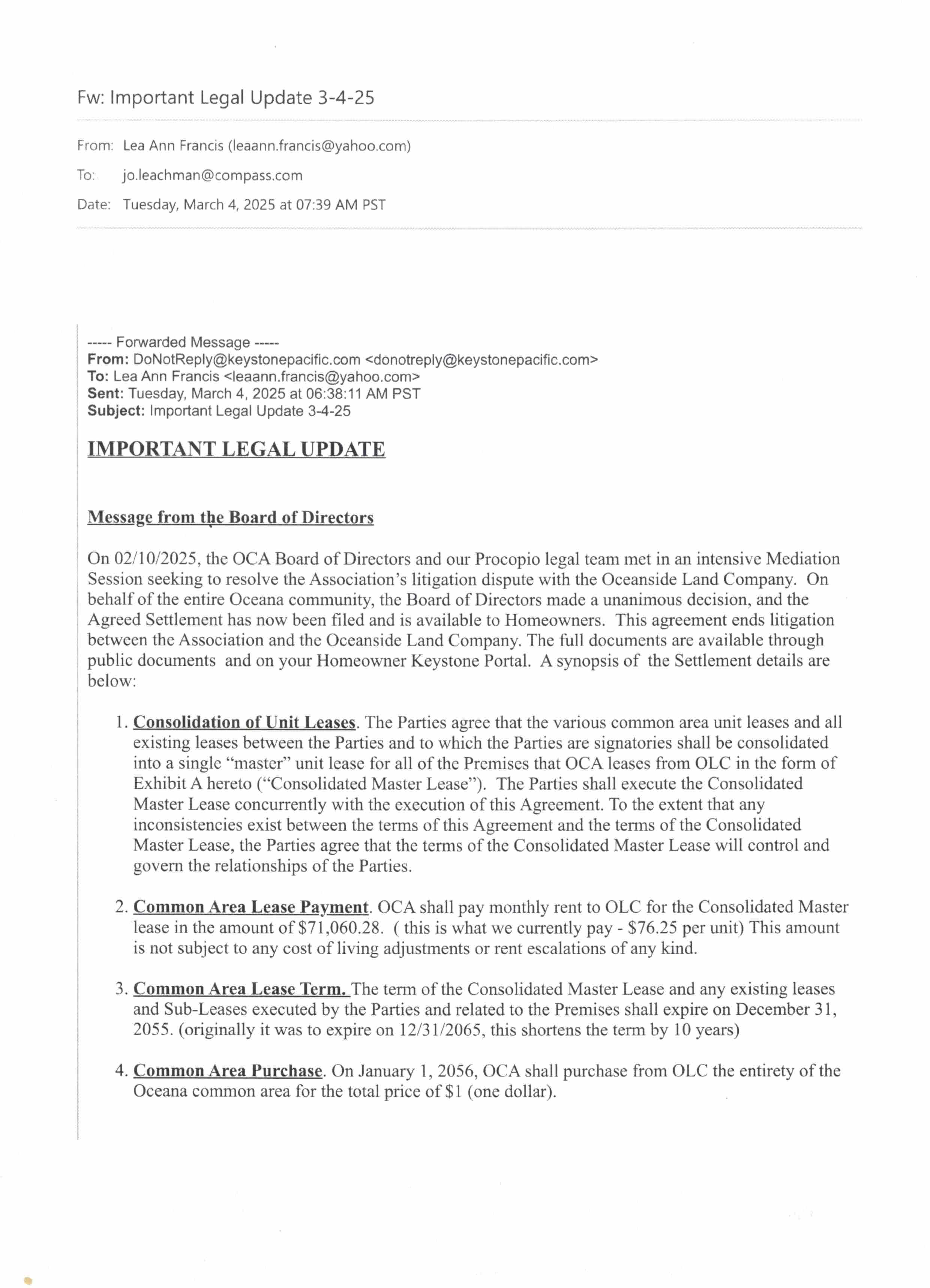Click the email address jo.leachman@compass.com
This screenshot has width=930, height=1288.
click(x=212, y=176)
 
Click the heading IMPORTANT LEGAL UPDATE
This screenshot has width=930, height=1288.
click(x=236, y=449)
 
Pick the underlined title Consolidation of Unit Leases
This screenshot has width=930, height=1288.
click(x=244, y=722)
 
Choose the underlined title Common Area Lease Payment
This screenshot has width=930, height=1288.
click(x=250, y=907)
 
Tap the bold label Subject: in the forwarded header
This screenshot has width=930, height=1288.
click(x=116, y=411)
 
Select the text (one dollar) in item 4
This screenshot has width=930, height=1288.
click(x=511, y=1091)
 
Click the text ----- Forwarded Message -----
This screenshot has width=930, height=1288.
click(x=183, y=342)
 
